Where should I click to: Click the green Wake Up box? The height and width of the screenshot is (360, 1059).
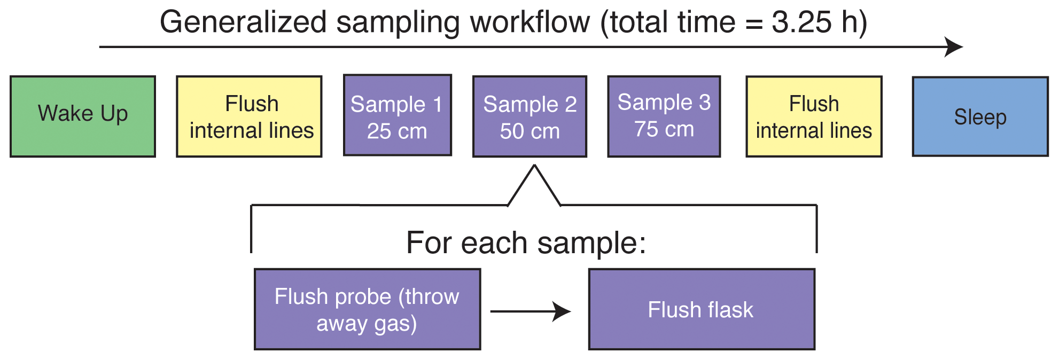pyautogui.click(x=83, y=116)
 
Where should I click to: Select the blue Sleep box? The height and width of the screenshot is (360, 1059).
pyautogui.click(x=980, y=116)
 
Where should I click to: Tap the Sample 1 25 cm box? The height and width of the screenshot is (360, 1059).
pyautogui.click(x=397, y=115)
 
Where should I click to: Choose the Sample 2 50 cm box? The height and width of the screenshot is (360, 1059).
pyautogui.click(x=529, y=116)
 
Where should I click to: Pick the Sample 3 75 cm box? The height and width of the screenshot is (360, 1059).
pyautogui.click(x=664, y=116)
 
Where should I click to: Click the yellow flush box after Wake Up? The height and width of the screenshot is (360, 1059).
pyautogui.click(x=249, y=116)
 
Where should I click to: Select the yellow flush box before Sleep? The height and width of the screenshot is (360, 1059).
pyautogui.click(x=814, y=116)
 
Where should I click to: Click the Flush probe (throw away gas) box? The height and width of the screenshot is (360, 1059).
pyautogui.click(x=367, y=309)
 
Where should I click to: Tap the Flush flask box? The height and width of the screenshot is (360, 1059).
pyautogui.click(x=702, y=309)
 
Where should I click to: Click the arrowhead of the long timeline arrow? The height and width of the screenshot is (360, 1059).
pyautogui.click(x=954, y=47)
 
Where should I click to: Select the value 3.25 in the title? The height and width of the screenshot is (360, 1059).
pyautogui.click(x=800, y=22)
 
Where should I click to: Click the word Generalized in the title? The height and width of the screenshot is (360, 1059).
pyautogui.click(x=243, y=22)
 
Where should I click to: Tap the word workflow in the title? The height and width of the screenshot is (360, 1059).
pyautogui.click(x=529, y=22)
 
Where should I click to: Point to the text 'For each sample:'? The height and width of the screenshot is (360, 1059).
pyautogui.click(x=526, y=243)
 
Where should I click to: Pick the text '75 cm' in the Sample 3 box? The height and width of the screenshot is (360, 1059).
pyautogui.click(x=664, y=129)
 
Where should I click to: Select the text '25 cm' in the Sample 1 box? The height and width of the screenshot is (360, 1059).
pyautogui.click(x=397, y=131)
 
